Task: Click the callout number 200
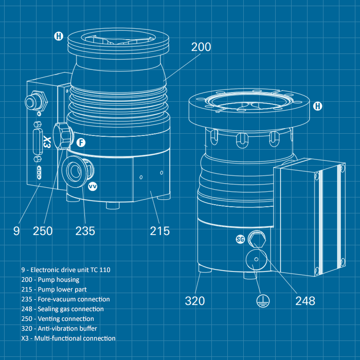[x=201, y=47]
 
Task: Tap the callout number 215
[x=160, y=231]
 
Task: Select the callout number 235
[x=85, y=231]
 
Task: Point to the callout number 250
[x=43, y=231]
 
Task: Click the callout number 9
[x=16, y=231]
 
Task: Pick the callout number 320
[x=195, y=301]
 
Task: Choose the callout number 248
[x=305, y=301]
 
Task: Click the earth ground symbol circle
[x=263, y=301]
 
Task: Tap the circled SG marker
[x=240, y=240]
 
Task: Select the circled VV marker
[x=93, y=186]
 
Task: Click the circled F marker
[x=81, y=142]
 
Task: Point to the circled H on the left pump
[x=59, y=36]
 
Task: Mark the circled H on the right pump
[x=318, y=106]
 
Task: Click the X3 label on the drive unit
[x=47, y=142]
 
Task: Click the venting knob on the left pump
[x=63, y=136]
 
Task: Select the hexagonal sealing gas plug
[x=257, y=239]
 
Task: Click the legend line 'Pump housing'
[x=50, y=280]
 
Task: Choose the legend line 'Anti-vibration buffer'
[x=59, y=328]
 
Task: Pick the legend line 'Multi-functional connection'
[x=68, y=338]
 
